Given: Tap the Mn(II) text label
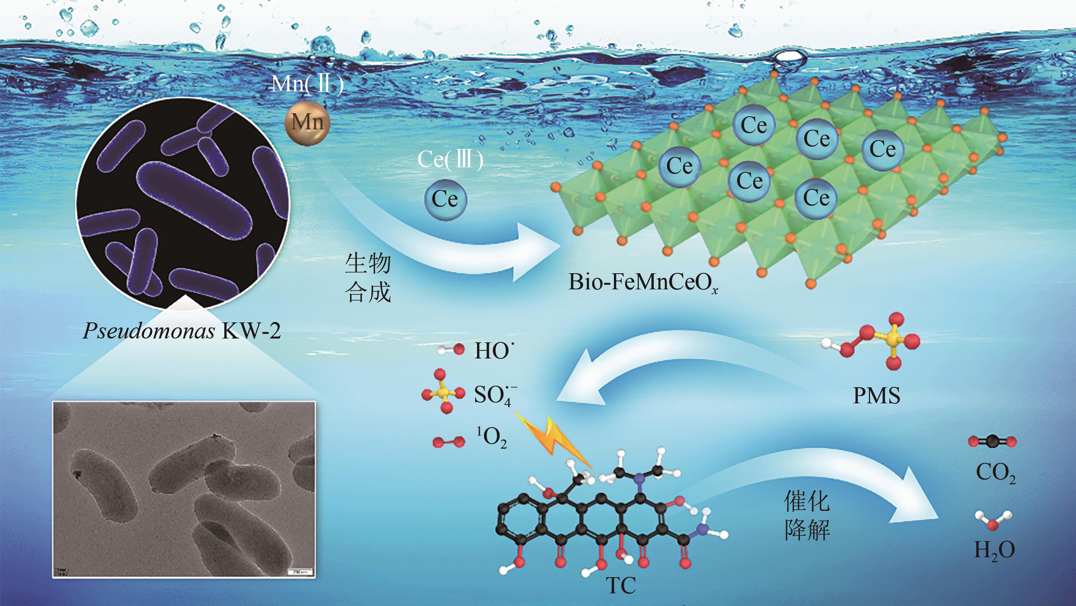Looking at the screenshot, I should pyautogui.click(x=308, y=84).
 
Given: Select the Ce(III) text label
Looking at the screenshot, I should pyautogui.click(x=450, y=159).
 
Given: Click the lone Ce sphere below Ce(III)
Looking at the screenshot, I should pyautogui.click(x=445, y=199).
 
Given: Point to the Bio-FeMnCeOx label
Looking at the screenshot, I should pyautogui.click(x=643, y=282).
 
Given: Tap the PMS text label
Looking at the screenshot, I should pyautogui.click(x=876, y=395).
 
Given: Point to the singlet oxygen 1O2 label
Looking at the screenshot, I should pyautogui.click(x=492, y=438).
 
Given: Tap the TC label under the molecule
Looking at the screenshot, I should pyautogui.click(x=621, y=586).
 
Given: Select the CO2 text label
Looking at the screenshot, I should pyautogui.click(x=995, y=473).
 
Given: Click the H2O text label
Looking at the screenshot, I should pyautogui.click(x=994, y=550).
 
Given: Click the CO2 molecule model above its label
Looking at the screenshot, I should pyautogui.click(x=992, y=441).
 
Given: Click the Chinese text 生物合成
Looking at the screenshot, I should pyautogui.click(x=368, y=277).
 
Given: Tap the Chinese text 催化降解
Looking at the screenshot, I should pyautogui.click(x=806, y=515).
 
